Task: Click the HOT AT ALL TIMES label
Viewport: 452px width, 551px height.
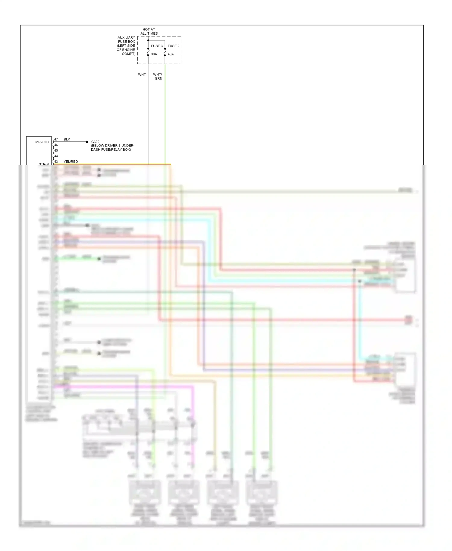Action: click(x=149, y=31)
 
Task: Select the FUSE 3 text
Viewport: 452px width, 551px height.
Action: click(x=157, y=46)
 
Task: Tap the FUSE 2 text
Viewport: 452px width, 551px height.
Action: click(x=174, y=46)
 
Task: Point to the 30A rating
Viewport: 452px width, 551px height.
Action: click(x=154, y=54)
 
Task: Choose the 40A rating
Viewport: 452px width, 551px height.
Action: click(x=171, y=54)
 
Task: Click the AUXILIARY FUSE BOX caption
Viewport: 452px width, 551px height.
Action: click(x=126, y=46)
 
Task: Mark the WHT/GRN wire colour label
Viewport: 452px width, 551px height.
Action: click(x=158, y=76)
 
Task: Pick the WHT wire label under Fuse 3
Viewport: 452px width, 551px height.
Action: click(x=142, y=74)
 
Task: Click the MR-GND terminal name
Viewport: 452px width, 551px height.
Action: click(x=42, y=142)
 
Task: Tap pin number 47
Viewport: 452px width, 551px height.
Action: click(x=56, y=139)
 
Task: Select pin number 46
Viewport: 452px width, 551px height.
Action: click(x=56, y=145)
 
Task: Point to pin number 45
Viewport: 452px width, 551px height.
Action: click(x=56, y=150)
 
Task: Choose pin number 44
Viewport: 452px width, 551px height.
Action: click(x=56, y=156)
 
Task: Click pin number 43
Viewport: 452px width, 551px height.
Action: click(x=56, y=162)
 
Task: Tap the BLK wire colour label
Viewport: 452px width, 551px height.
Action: click(x=67, y=139)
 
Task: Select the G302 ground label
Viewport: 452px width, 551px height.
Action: click(x=95, y=142)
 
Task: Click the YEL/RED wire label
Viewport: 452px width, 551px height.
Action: click(x=71, y=162)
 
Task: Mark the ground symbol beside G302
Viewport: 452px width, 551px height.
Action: click(x=88, y=142)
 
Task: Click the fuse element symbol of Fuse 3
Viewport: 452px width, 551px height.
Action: click(x=148, y=52)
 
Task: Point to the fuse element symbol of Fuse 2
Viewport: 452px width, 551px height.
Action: click(x=165, y=52)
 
